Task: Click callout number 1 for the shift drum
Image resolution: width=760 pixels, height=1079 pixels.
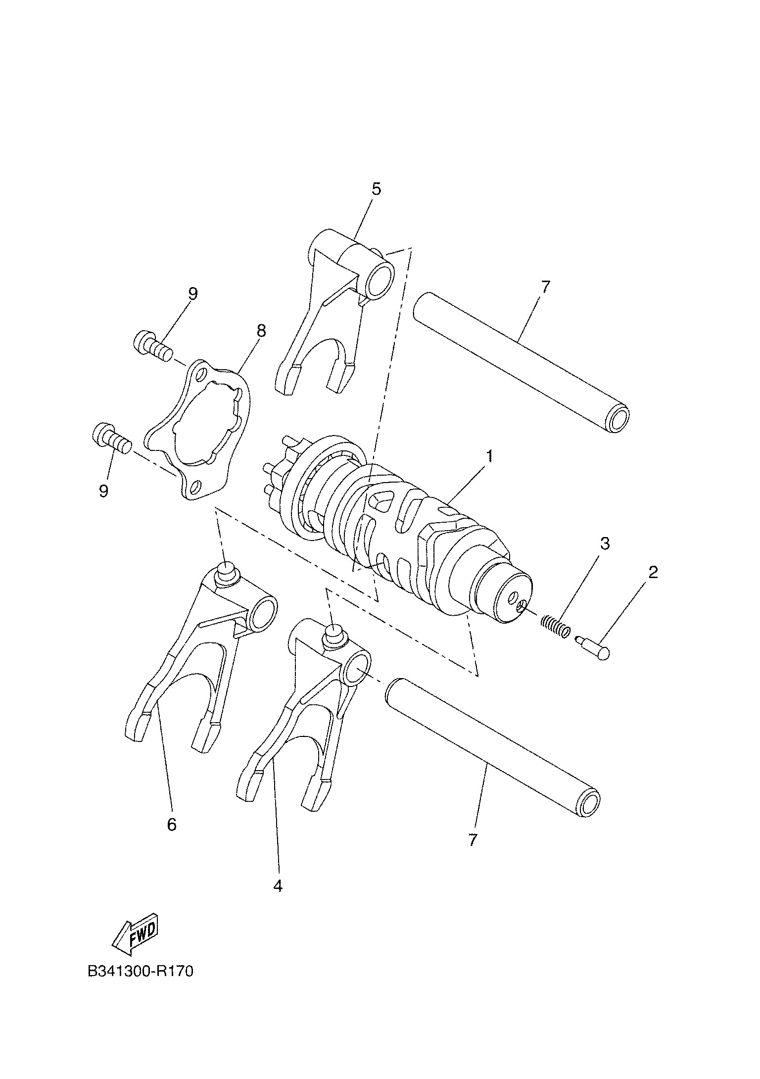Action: (489, 455)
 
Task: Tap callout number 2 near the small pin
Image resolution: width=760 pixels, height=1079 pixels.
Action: (653, 572)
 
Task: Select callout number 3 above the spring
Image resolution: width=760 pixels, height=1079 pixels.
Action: (605, 543)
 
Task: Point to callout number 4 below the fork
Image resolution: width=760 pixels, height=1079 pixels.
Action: (278, 886)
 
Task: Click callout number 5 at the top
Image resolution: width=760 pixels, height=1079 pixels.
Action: (377, 189)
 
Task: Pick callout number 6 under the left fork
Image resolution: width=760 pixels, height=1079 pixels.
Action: (172, 825)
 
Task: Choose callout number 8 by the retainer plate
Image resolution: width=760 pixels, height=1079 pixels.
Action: (261, 331)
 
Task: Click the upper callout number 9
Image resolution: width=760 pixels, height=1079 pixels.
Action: (193, 294)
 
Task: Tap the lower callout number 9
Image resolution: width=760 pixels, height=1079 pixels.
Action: (103, 491)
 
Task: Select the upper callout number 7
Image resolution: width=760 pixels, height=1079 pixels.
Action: (545, 287)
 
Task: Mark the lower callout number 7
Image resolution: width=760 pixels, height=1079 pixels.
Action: (473, 840)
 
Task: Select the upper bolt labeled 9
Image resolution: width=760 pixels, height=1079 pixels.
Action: (153, 344)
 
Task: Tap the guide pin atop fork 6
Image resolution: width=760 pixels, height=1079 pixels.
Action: (228, 573)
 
